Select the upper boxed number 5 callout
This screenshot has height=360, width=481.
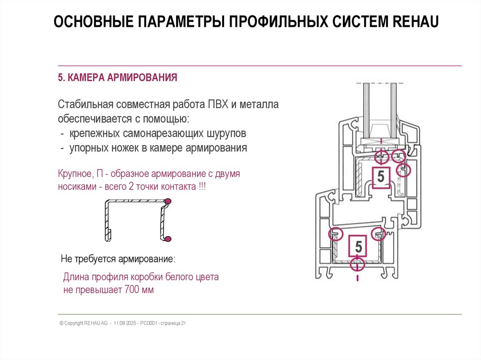(380, 177)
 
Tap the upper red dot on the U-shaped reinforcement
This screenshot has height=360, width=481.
(168, 201)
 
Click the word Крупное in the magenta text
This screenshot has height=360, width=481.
(74, 174)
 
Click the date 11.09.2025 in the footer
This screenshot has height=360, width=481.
(124, 323)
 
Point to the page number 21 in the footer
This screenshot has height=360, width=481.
(184, 323)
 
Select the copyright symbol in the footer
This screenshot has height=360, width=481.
(61, 323)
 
